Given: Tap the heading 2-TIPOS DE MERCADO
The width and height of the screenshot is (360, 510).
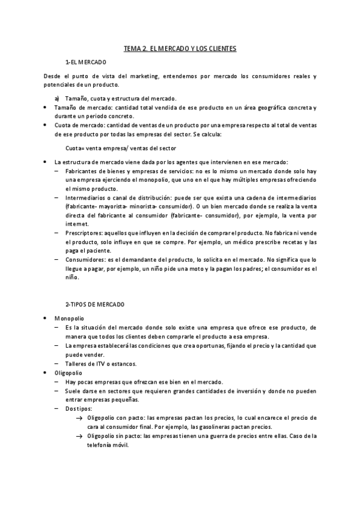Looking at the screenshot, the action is tap(94, 304).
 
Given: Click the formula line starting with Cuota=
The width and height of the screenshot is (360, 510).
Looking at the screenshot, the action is tap(112, 148).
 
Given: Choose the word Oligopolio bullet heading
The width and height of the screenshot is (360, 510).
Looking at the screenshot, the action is tap(70, 373).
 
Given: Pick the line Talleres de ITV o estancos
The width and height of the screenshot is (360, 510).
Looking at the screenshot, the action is tap(101, 364).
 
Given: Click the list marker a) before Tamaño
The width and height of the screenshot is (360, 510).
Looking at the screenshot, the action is tap(56, 97).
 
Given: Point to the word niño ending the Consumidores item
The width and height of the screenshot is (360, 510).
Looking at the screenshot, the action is tap(72, 278).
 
